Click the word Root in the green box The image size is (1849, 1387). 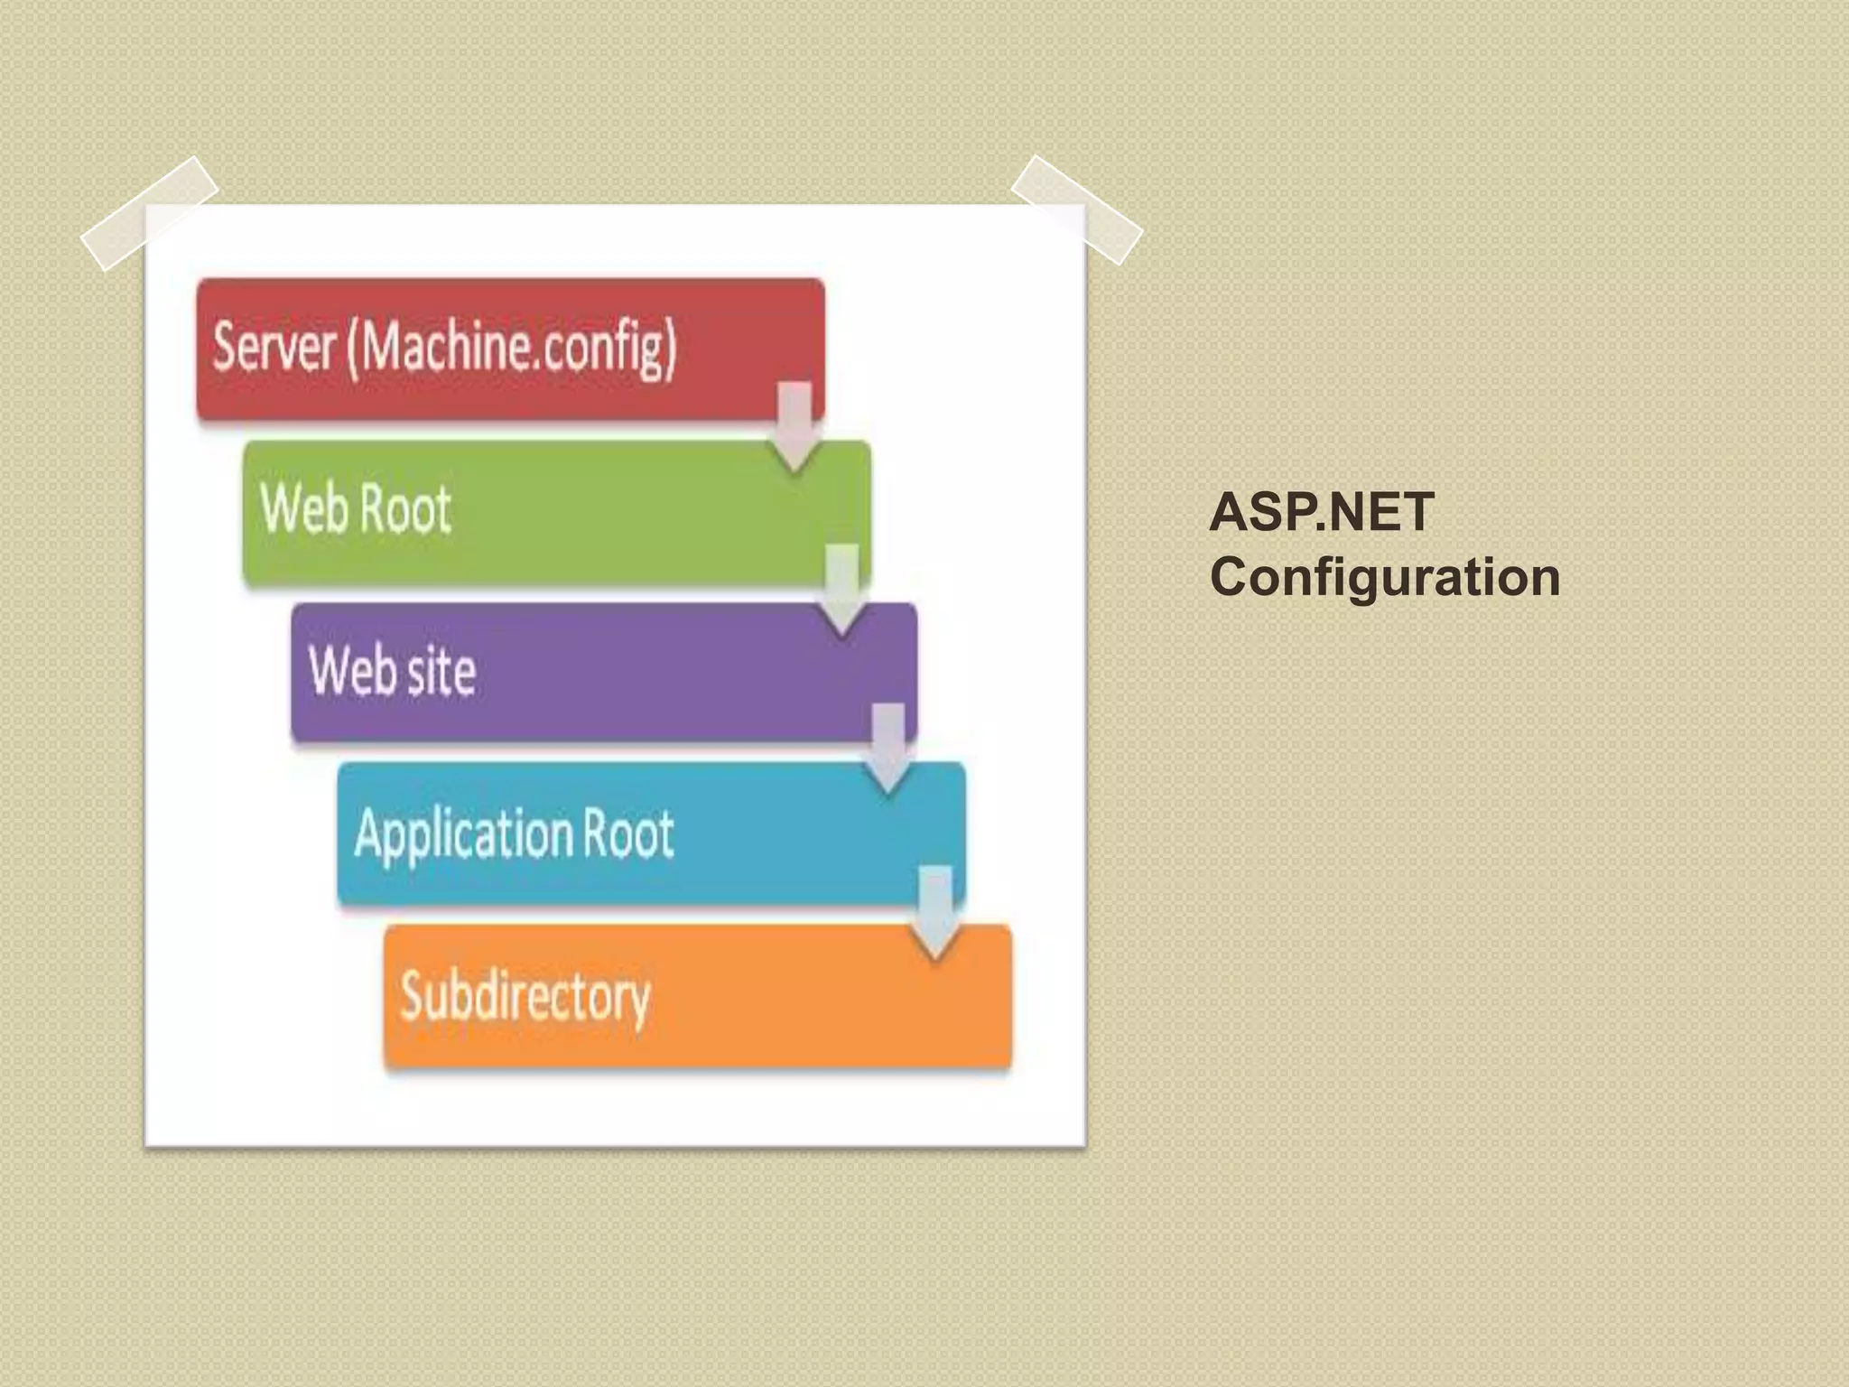pos(405,508)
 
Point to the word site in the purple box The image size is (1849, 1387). pos(440,671)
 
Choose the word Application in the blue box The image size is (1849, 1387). pos(463,833)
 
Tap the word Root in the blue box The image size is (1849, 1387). pos(628,833)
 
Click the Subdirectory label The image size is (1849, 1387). pos(525,996)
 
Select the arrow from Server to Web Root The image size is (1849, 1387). pos(794,425)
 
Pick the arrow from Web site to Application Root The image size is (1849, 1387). pos(888,748)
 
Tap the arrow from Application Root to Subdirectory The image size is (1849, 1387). pos(935,910)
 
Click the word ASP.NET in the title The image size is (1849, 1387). pos(1321,512)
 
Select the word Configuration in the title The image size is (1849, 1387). pos(1384,576)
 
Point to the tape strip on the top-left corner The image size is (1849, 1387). pos(150,213)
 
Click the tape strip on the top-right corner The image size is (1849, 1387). pos(1076,209)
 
